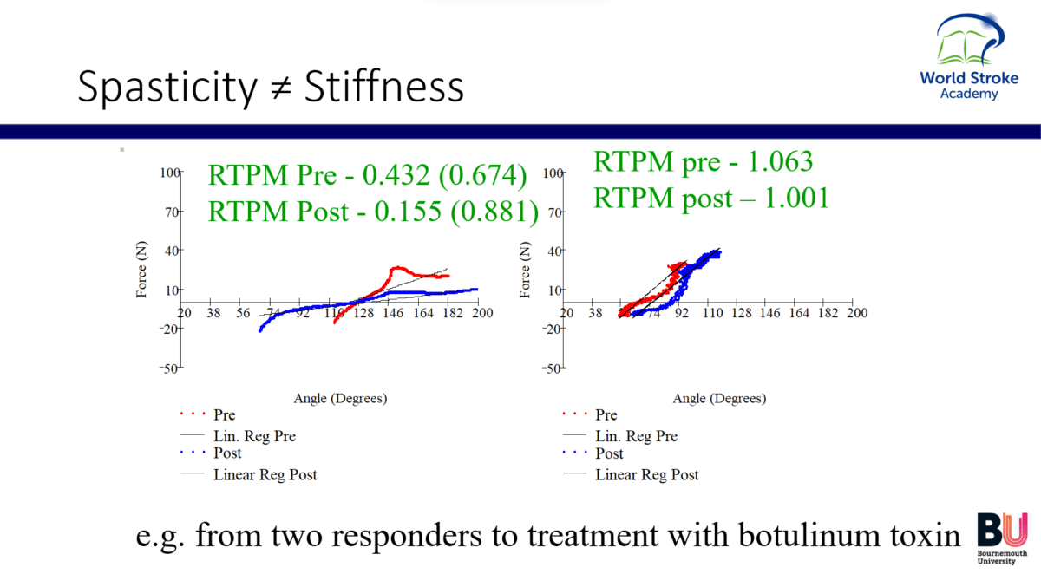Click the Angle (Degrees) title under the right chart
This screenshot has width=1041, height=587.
[x=719, y=399]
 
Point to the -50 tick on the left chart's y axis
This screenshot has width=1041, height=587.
[x=170, y=368]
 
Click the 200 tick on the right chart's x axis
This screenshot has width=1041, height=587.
[x=856, y=313]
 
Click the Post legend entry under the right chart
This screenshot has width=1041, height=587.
[x=609, y=453]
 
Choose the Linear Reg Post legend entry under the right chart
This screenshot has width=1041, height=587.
[x=646, y=474]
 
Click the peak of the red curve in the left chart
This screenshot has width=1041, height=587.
[x=397, y=267]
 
